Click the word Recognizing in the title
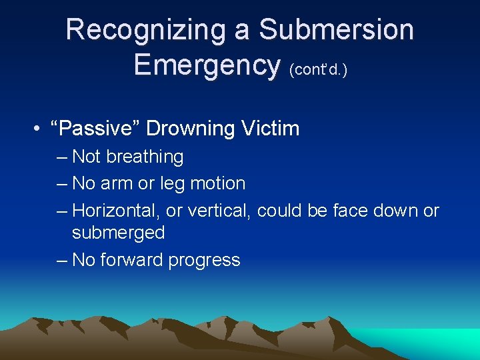coord(157,30)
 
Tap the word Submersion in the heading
coord(336,30)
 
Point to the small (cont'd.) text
coord(318,69)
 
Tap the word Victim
coord(273,129)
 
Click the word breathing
coord(143,157)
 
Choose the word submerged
coord(118,233)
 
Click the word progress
coord(204,260)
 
